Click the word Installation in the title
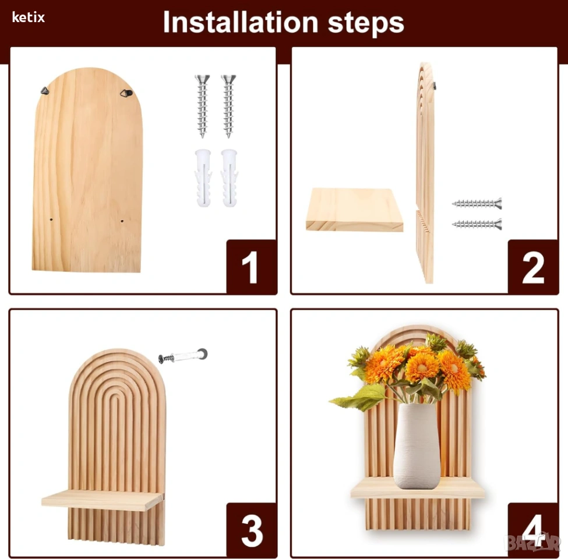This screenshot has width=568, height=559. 241,23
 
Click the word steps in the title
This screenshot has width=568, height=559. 366,23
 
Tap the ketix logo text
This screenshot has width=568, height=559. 29,17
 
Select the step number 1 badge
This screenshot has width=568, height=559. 252,267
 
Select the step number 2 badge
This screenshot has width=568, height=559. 533,267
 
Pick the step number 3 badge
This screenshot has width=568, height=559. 252,530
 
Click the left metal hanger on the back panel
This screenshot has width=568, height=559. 44,90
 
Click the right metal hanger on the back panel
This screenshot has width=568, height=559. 126,93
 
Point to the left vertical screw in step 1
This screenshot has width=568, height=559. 202,106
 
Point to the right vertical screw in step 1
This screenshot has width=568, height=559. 228,106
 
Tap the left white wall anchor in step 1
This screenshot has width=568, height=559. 203,178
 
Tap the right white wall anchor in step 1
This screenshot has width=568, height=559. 230,178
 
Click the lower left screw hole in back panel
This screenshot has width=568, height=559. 51,220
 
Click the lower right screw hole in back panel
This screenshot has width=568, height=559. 122,221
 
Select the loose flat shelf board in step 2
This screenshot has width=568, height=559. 354,209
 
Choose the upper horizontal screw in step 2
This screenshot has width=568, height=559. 477,204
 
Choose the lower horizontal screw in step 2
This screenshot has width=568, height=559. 477,224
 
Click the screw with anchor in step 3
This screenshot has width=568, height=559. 183,356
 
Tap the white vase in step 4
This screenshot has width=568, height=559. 417,446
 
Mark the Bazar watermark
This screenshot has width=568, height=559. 532,542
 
